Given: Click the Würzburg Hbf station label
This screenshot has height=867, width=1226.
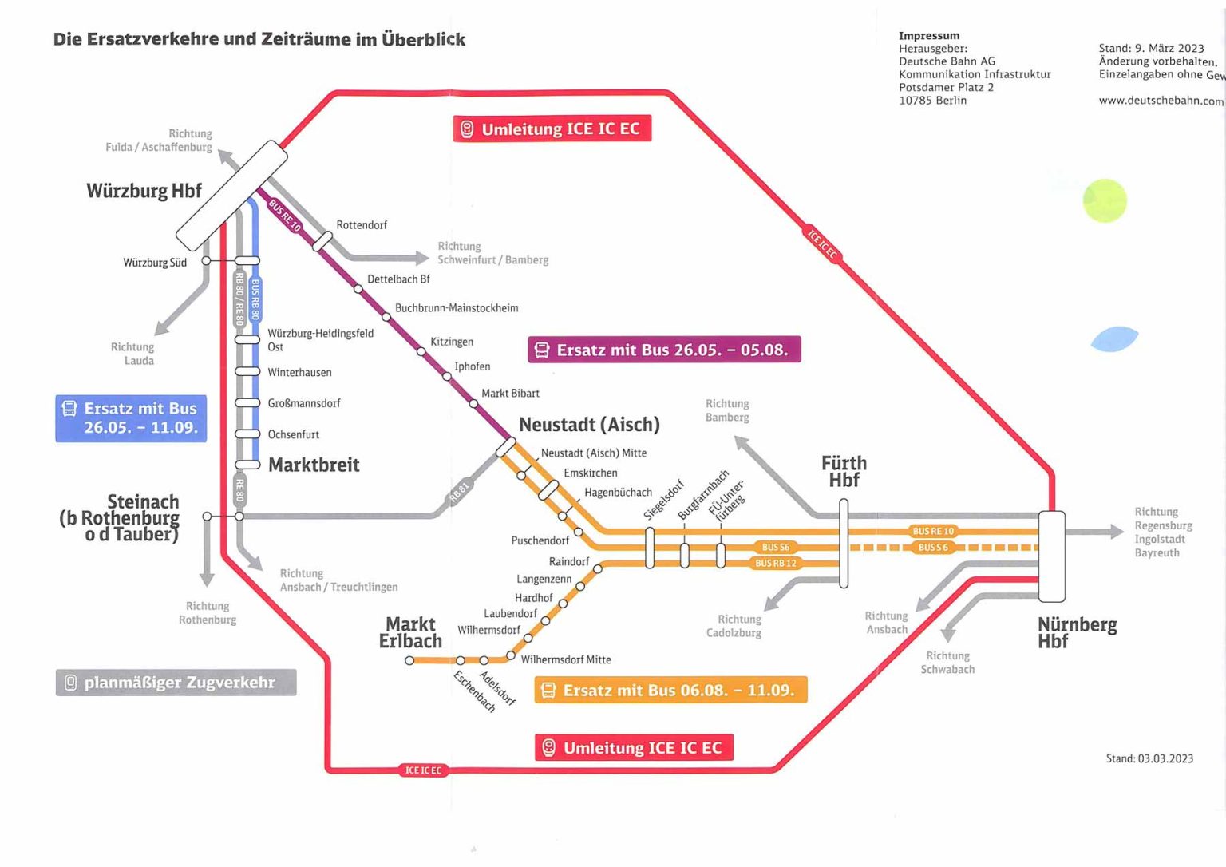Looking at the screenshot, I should [144, 191].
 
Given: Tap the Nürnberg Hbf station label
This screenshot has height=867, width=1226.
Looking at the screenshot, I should [1076, 632].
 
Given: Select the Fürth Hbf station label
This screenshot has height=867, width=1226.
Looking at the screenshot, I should [844, 471].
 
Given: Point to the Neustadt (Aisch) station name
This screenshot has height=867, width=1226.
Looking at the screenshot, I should [589, 425].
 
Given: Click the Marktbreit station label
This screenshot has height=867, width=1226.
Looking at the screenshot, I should [314, 465].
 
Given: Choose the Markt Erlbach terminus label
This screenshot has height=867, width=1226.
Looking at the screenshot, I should [410, 632].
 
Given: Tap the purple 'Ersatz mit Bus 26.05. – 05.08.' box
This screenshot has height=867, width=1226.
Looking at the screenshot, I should [664, 350].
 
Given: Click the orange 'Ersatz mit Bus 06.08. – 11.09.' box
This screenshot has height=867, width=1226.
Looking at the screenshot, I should [670, 690].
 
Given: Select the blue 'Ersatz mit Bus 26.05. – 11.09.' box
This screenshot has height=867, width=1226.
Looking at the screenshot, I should [131, 418].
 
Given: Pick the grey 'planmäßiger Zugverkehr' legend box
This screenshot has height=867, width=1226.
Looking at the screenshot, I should [176, 683].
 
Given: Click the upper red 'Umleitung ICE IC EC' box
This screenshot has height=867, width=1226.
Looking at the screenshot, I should [552, 129].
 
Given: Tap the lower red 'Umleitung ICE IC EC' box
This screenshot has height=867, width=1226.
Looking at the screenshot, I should [634, 748].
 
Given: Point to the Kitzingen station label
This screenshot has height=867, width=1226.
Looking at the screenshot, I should [452, 342].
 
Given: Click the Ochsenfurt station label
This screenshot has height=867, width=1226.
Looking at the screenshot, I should [293, 434].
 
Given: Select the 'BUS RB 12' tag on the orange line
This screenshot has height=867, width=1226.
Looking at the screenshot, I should [775, 563].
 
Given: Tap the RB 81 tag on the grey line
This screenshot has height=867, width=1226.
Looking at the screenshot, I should [460, 492].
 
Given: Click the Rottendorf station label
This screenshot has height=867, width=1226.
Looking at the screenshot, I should [362, 225].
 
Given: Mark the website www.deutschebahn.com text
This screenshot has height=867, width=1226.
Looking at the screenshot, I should [1161, 101].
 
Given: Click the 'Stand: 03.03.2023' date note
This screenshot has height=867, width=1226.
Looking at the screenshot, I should [1149, 758].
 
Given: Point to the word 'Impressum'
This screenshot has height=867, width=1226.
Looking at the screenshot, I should [929, 35].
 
